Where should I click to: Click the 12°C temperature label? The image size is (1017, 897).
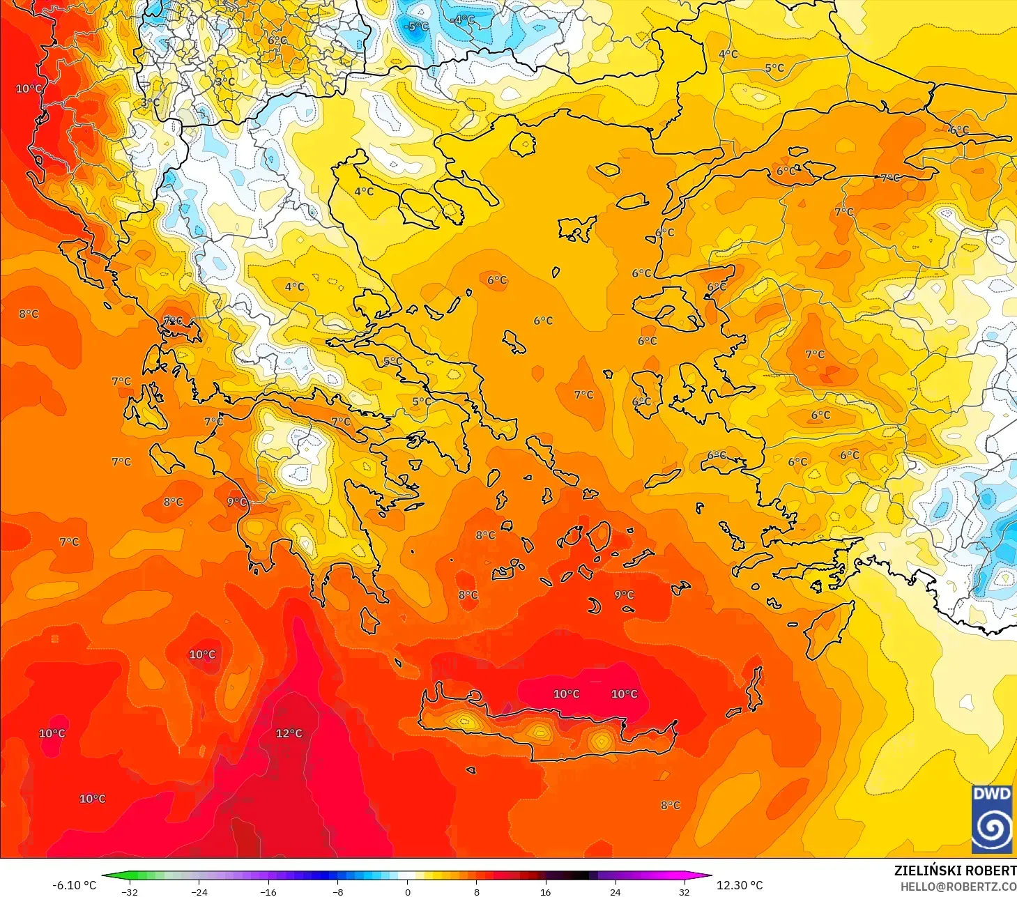click(289, 733)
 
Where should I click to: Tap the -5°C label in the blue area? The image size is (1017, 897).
click(416, 26)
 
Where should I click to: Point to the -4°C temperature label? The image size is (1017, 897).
click(462, 20)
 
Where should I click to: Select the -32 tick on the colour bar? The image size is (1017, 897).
click(129, 891)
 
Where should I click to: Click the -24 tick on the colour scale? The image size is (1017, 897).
click(199, 891)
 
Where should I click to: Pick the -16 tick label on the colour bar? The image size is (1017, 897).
click(268, 891)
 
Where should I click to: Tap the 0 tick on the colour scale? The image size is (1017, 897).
click(408, 891)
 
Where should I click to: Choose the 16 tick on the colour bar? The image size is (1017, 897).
click(545, 891)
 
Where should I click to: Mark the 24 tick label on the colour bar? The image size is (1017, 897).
click(615, 891)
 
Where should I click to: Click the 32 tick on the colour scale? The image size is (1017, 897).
click(684, 891)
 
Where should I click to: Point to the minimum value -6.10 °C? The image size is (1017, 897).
click(74, 885)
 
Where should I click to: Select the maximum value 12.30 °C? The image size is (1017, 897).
click(740, 885)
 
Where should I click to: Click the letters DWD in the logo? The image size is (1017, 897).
click(991, 794)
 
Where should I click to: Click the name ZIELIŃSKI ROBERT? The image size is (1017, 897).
click(955, 871)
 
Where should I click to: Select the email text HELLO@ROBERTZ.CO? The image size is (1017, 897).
click(958, 887)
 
